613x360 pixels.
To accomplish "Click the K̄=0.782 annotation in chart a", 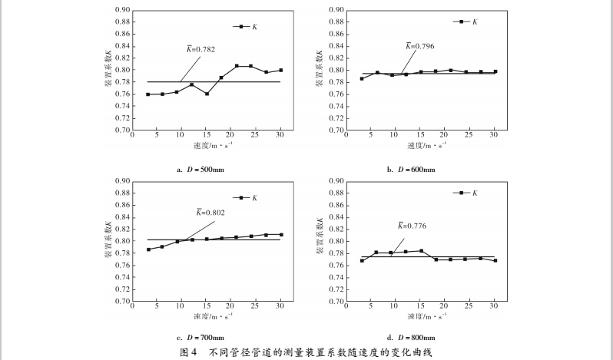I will [x=201, y=49].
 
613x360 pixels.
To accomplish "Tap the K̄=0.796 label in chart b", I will [x=419, y=46].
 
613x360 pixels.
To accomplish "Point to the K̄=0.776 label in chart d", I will [x=412, y=226].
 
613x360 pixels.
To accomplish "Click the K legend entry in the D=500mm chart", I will [x=247, y=27].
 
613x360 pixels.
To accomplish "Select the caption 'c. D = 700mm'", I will [x=200, y=337].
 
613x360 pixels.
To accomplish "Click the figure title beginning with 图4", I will [x=306, y=352].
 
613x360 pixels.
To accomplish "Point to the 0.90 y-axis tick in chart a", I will [x=121, y=10].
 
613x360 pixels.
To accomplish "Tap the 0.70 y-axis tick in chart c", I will [x=121, y=302].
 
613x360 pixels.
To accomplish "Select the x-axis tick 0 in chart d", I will [x=350, y=308].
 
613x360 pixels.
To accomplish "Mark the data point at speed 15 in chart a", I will [x=207, y=94].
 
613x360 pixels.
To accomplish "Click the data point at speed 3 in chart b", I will [x=362, y=78].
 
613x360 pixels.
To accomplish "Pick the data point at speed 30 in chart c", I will [x=281, y=235].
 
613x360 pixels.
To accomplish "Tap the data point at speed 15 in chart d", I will [x=421, y=251].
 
